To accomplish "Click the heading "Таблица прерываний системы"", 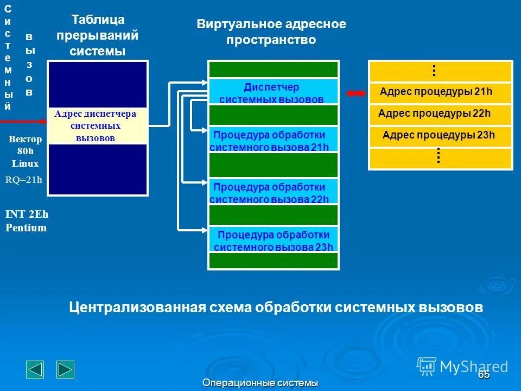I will [x=98, y=36].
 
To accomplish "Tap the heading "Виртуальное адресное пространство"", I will [x=271, y=32].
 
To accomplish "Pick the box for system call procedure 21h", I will [x=273, y=141].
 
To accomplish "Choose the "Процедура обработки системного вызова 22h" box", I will [x=273, y=192].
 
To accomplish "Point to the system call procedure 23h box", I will [x=273, y=241].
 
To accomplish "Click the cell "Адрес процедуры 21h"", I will [x=440, y=92].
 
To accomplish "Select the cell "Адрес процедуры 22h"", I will [x=440, y=114].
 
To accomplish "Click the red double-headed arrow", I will [x=357, y=93].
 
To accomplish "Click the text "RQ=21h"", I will [x=24, y=180].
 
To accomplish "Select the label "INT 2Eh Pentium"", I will [x=27, y=221].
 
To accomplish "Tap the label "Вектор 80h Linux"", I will [x=25, y=152].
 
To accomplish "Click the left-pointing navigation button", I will [x=35, y=369].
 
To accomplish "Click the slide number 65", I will [x=484, y=375].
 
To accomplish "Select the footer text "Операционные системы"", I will [x=260, y=383].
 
